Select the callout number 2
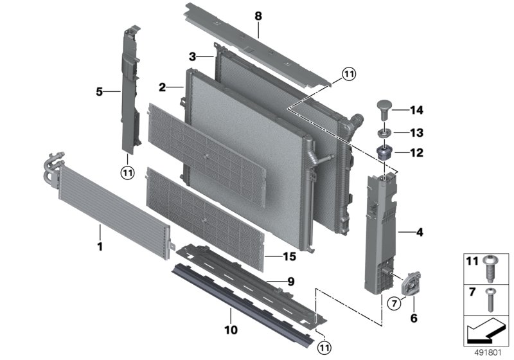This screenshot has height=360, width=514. (163, 87)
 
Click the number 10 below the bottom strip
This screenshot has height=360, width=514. (231, 330)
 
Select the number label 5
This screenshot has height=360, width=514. (99, 92)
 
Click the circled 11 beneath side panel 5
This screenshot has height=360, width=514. (128, 171)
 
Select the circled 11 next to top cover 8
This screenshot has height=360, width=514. (347, 75)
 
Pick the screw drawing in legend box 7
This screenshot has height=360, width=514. (492, 297)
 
